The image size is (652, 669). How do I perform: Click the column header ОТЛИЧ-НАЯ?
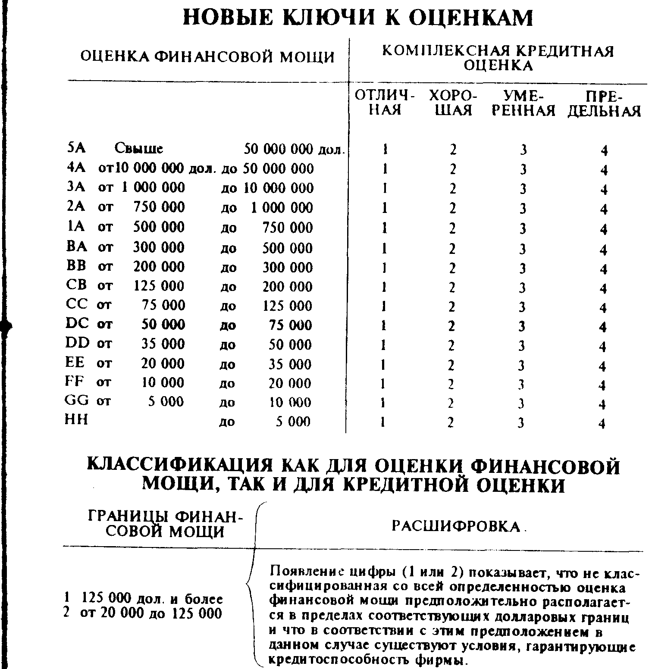tap(384, 103)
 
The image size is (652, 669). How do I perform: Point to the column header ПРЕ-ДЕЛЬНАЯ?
tap(604, 104)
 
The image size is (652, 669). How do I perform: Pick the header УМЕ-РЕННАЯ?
tap(523, 103)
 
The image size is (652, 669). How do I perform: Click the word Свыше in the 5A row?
tap(139, 149)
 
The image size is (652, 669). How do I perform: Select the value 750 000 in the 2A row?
tap(159, 207)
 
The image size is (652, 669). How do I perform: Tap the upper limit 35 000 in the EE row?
tap(290, 364)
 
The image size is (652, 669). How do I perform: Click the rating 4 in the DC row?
tap(603, 327)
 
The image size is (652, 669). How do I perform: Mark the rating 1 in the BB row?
tap(384, 268)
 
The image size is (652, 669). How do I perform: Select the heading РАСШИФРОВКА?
tap(456, 526)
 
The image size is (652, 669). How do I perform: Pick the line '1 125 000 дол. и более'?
tap(143, 599)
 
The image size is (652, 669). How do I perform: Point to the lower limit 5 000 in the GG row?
tap(166, 402)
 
